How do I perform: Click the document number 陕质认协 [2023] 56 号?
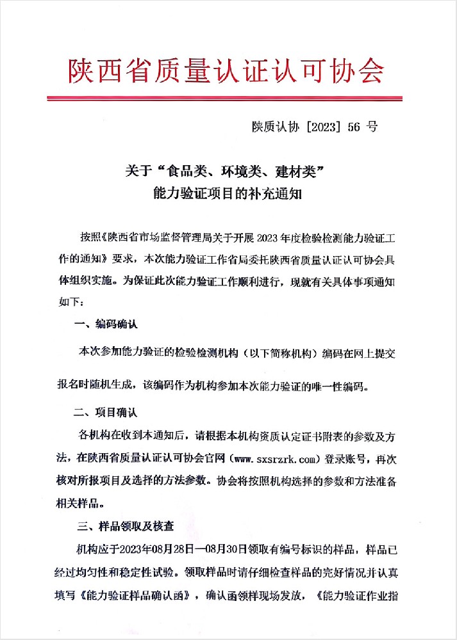(315, 126)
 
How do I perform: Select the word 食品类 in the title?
(185, 171)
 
